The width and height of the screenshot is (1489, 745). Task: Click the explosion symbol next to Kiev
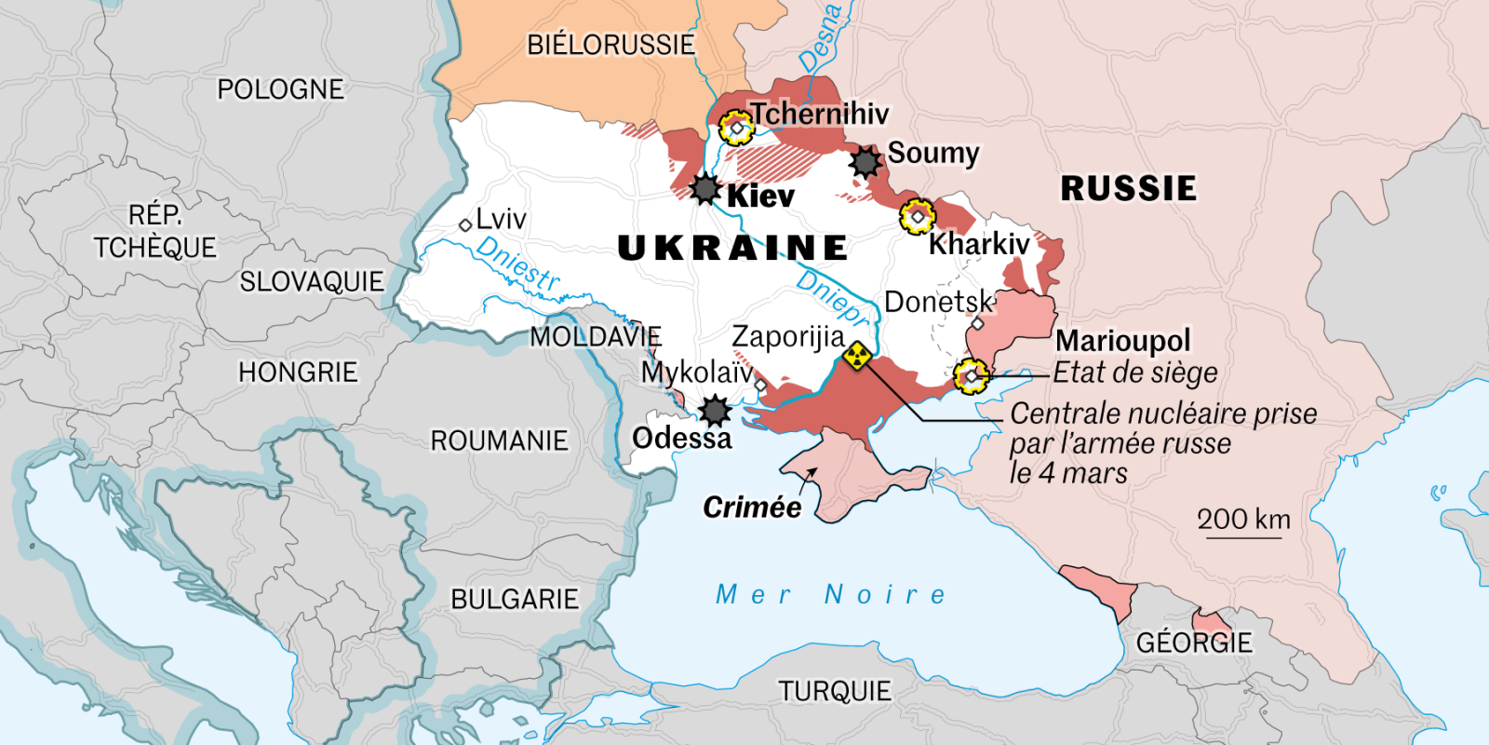[x=705, y=189]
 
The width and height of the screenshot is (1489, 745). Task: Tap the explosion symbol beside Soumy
[x=865, y=162]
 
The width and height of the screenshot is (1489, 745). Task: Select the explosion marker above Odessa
[x=715, y=410]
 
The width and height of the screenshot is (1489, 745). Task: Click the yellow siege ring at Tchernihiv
[x=736, y=128]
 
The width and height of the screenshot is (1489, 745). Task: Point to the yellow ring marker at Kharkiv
[x=918, y=217]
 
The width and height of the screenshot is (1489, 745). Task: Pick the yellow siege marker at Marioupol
[x=971, y=376]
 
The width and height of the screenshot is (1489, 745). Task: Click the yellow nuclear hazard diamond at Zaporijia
[x=857, y=355]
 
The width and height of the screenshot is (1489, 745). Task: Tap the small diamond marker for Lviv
[x=465, y=225]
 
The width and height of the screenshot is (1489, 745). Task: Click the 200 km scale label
[x=1243, y=520]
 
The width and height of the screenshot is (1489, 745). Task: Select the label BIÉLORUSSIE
[x=610, y=45]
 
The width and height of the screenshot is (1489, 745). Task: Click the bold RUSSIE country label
[x=1128, y=189]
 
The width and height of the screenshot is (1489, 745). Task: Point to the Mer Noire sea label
[x=831, y=594]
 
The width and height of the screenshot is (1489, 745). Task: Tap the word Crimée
[x=752, y=508]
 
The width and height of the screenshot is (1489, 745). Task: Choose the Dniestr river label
[x=517, y=264]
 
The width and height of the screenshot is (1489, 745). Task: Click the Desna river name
[x=820, y=37]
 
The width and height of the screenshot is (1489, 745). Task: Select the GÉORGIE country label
[x=1194, y=643]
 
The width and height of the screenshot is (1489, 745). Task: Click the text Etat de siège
[x=1134, y=372]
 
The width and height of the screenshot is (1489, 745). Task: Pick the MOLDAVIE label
[x=596, y=336]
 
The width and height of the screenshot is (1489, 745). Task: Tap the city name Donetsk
[x=938, y=302]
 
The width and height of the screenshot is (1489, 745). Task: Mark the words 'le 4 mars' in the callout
[x=1068, y=473]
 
